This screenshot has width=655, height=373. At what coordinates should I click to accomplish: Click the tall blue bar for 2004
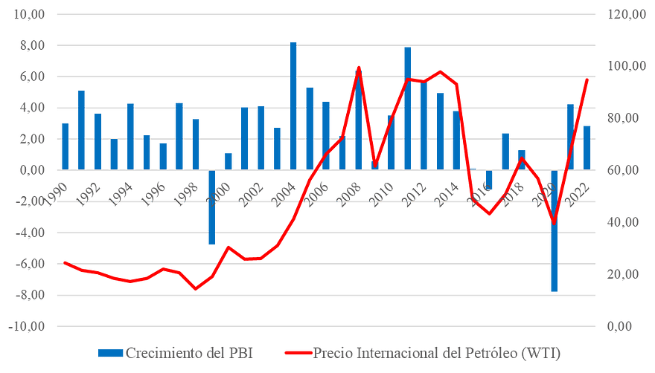[x=293, y=106]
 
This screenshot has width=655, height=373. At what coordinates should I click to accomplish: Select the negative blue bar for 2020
[x=554, y=232]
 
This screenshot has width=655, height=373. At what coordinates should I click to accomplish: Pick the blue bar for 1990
[x=65, y=146]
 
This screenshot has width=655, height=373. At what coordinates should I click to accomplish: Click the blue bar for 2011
[x=407, y=108]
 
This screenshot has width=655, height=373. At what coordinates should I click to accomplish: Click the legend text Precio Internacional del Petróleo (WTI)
[x=437, y=351]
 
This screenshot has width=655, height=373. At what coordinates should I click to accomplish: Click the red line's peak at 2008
[x=359, y=67]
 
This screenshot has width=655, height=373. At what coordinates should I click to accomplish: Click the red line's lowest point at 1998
[x=196, y=289]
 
